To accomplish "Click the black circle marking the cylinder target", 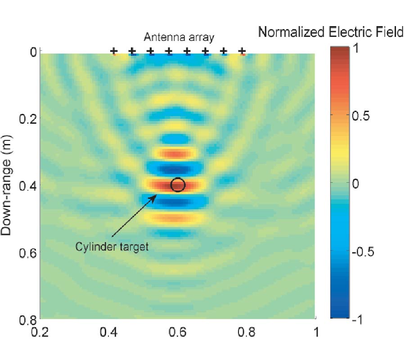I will coord(178,184).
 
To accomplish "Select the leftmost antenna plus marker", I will coord(113,51).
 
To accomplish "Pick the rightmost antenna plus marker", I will coord(242,51).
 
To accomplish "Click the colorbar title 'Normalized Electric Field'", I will coord(330,32).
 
